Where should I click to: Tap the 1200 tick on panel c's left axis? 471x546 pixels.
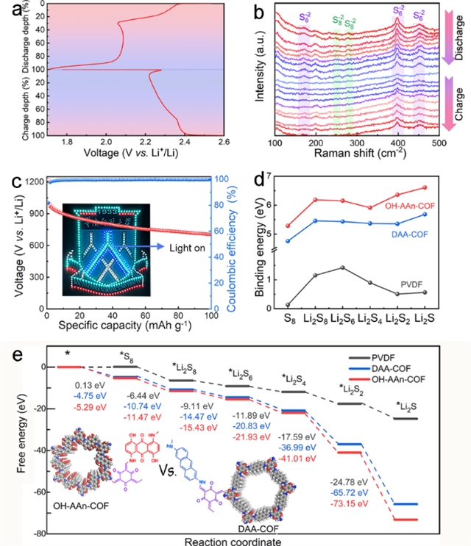click(x=33, y=181)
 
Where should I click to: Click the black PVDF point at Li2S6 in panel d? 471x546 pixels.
click(x=341, y=267)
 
